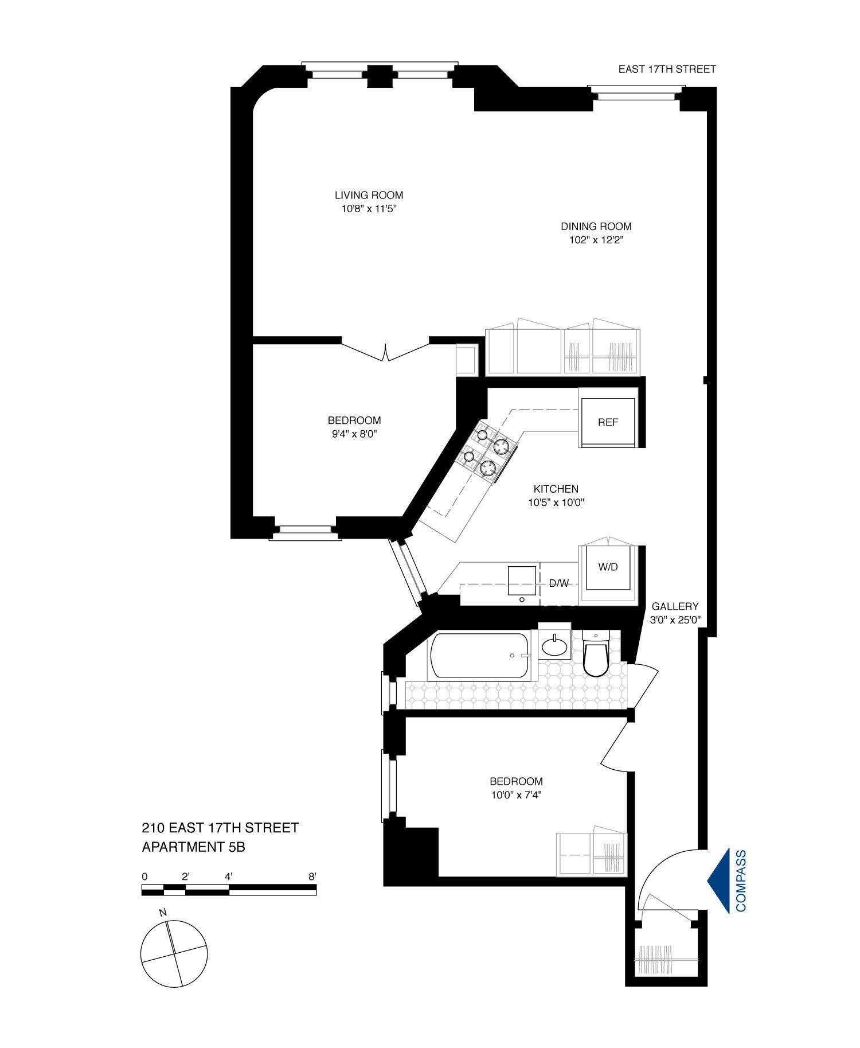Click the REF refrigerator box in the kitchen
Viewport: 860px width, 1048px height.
608,422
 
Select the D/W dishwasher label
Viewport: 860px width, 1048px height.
559,583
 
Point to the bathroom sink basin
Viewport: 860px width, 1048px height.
554,647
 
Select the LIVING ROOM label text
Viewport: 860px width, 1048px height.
369,195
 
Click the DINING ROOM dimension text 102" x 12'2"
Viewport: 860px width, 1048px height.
596,240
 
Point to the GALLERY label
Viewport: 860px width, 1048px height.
675,606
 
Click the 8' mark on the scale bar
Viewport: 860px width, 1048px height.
312,876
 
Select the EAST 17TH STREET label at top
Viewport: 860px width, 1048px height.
667,69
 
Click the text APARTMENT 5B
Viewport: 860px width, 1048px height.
193,847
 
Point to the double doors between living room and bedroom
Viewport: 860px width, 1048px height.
386,351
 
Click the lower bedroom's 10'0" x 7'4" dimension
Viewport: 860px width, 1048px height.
515,795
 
